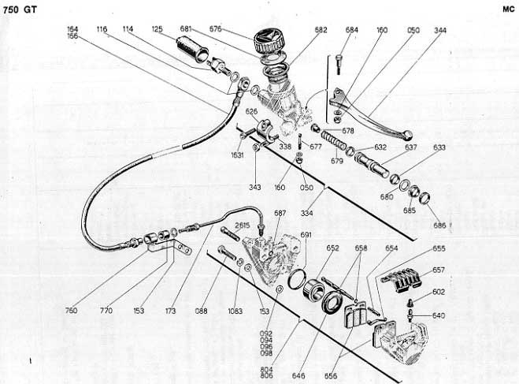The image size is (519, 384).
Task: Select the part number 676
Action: coord(215,30)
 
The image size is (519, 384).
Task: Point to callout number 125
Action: coord(158,30)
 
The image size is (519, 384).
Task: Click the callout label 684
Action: coord(351,30)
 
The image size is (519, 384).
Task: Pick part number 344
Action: coord(439,30)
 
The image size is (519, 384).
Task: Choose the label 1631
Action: coord(236,155)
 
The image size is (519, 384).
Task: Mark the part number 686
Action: coord(439,226)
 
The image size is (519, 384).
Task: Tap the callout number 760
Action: coord(72,310)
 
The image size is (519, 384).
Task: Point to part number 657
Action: coord(439,270)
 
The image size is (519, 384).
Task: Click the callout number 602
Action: coord(439,292)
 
